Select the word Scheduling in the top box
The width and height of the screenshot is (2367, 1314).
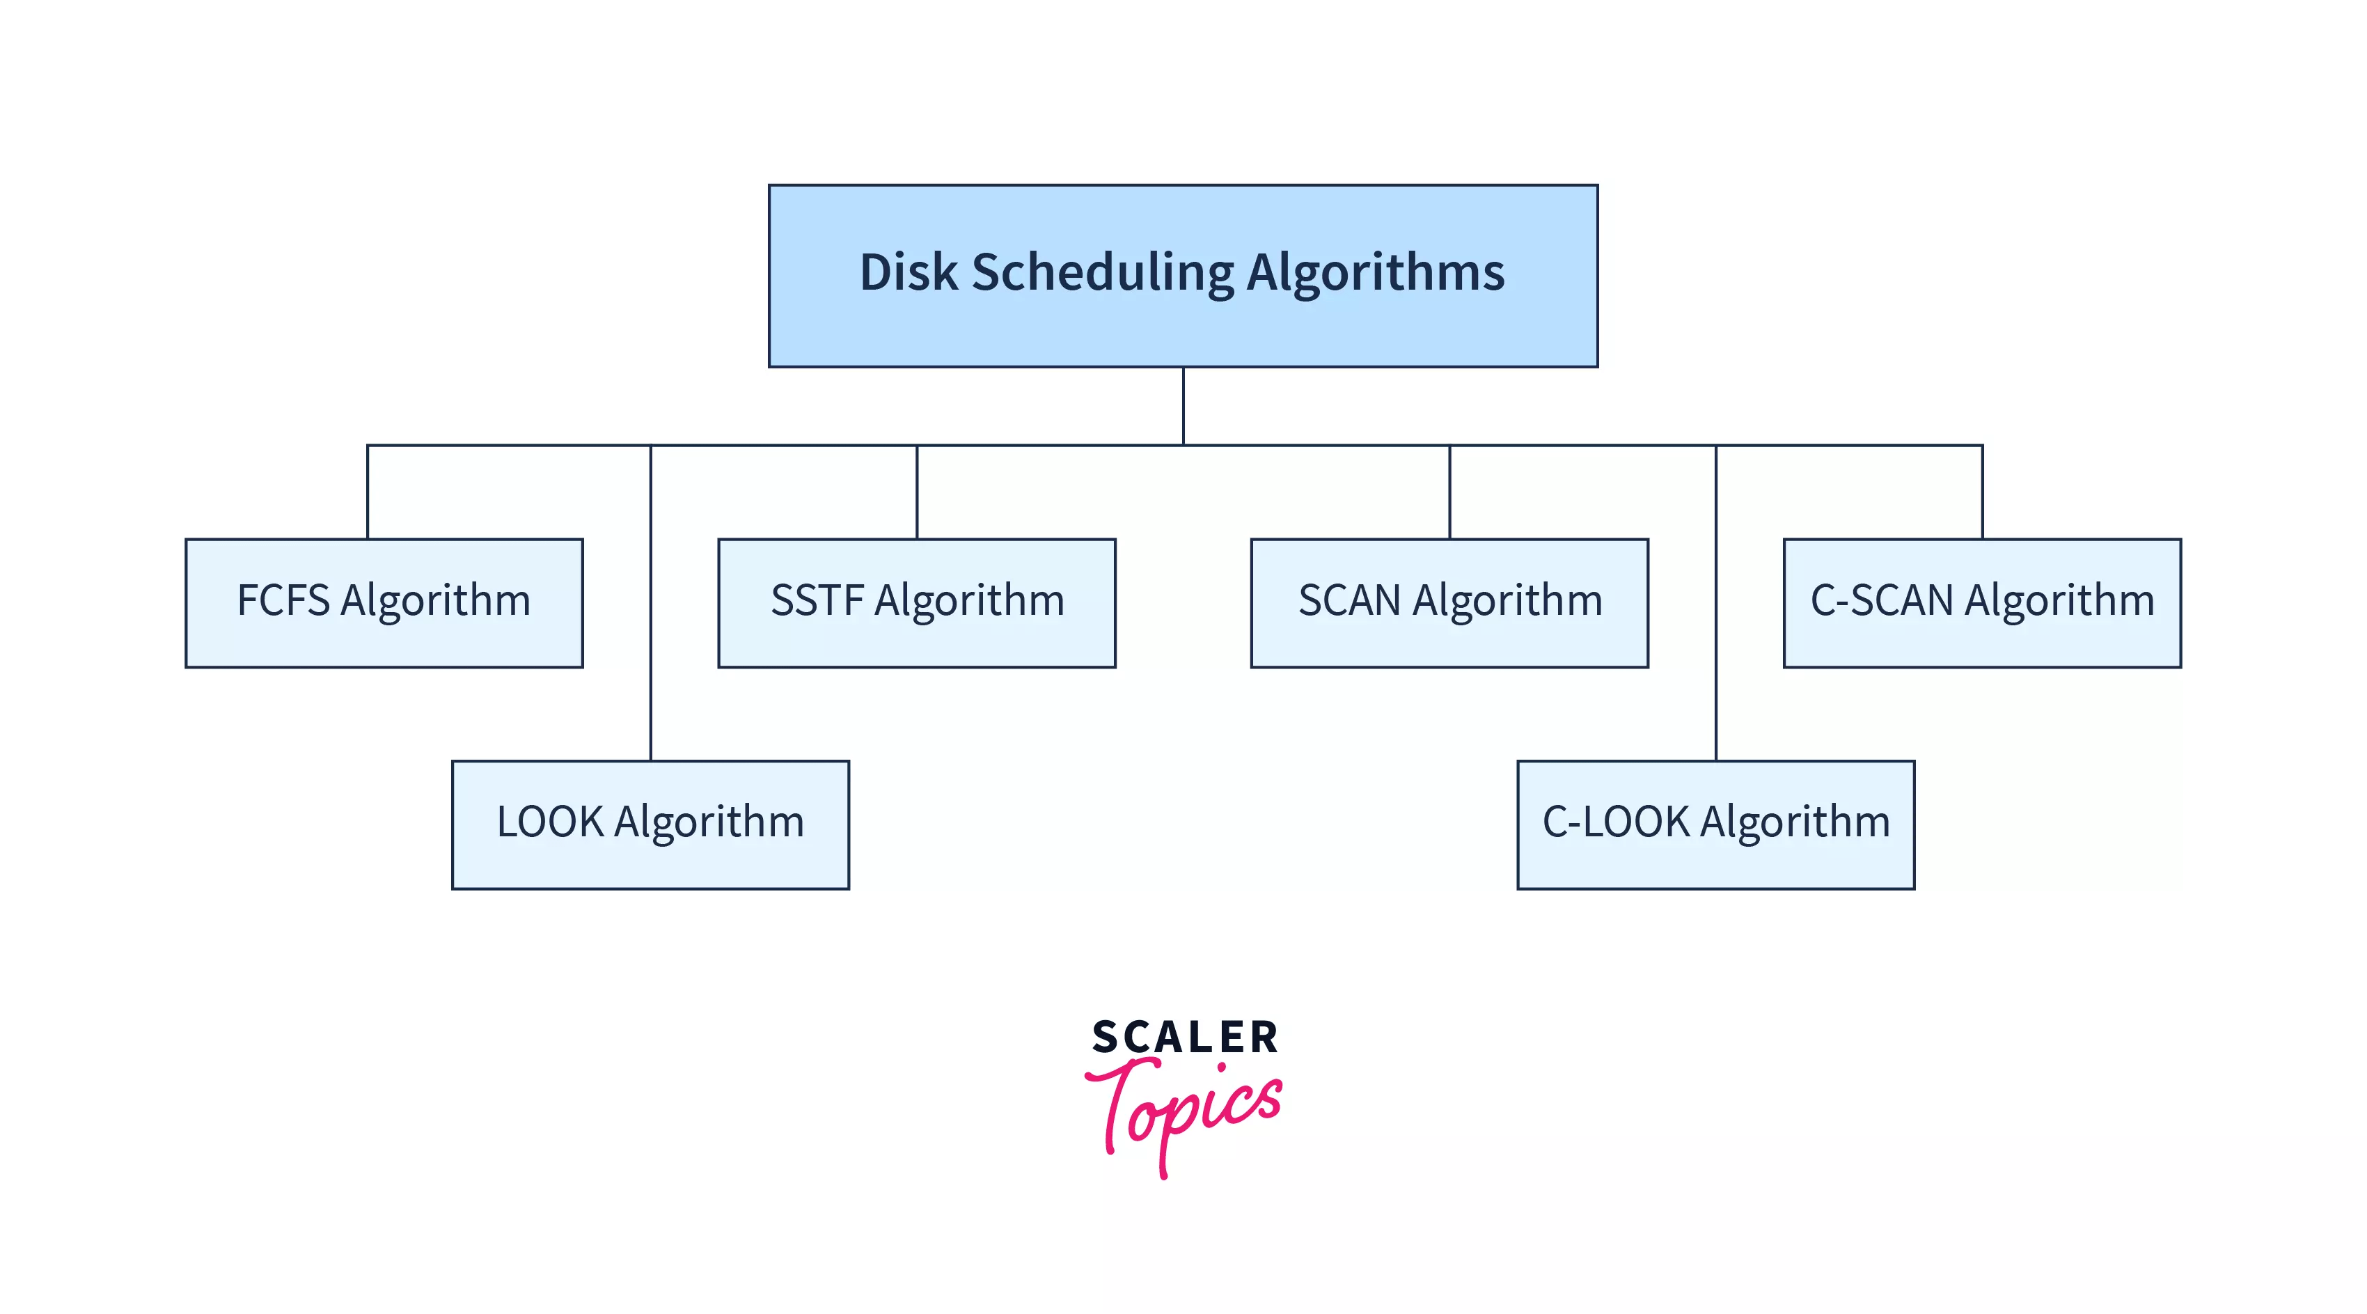pos(1103,273)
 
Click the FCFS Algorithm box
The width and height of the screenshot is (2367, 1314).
pos(384,603)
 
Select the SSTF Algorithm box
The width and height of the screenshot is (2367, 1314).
pos(916,603)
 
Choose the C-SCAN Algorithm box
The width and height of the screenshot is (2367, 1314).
pos(1982,603)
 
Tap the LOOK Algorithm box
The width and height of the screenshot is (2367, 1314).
pos(650,824)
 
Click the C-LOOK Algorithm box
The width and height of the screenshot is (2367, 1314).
pos(1715,824)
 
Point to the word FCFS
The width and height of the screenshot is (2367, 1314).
pos(283,600)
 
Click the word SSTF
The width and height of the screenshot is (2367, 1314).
pos(817,600)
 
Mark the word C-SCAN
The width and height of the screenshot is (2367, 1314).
pos(1881,600)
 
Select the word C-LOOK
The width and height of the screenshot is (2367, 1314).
pos(1615,822)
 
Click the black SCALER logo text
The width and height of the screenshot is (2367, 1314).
pos(1184,1038)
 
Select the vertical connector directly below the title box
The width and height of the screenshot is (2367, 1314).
pos(1183,406)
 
